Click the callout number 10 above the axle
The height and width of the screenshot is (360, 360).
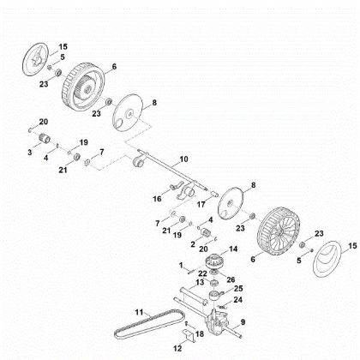183,160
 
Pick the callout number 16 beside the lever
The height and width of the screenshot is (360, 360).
157,198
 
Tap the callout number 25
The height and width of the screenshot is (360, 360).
240,288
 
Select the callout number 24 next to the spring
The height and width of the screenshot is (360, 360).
239,300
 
